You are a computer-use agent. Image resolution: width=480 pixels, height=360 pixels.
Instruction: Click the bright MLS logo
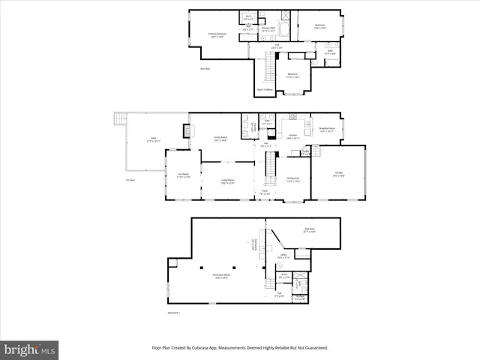coord(30,349)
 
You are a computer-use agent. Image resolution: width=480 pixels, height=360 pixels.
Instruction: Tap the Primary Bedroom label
coord(217,34)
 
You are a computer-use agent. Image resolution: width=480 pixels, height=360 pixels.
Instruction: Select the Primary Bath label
coord(268,28)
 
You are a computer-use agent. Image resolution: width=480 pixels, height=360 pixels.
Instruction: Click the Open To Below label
coord(264,88)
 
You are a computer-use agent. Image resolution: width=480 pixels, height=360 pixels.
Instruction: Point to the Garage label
coord(338,174)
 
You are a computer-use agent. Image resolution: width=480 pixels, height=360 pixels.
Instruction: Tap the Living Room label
coord(226,181)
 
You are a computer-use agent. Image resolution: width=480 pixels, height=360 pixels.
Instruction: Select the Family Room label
coord(220,138)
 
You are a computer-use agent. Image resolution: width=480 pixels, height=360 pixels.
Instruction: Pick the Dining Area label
coord(292,178)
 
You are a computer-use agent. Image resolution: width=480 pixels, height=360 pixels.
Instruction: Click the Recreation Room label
coord(220,275)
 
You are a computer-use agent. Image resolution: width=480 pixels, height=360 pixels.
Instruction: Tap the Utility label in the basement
coord(285,256)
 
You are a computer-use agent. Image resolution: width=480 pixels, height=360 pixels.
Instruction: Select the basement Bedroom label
coord(309,230)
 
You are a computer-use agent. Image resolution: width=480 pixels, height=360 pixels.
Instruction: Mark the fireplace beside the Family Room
coord(186,131)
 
